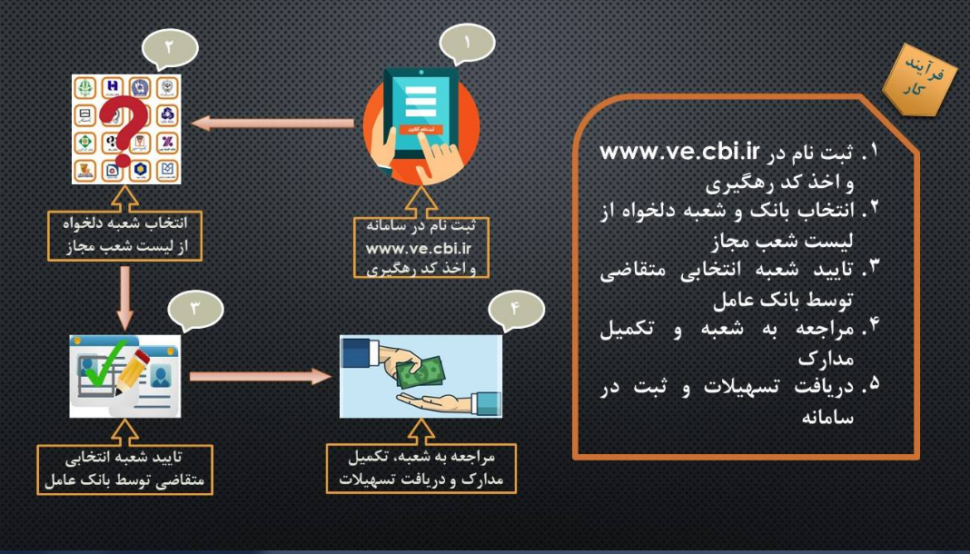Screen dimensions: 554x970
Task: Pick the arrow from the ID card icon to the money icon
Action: coord(260,375)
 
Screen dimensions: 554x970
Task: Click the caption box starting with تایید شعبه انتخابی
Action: coord(126,469)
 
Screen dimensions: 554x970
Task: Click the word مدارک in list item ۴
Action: coord(827,358)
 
